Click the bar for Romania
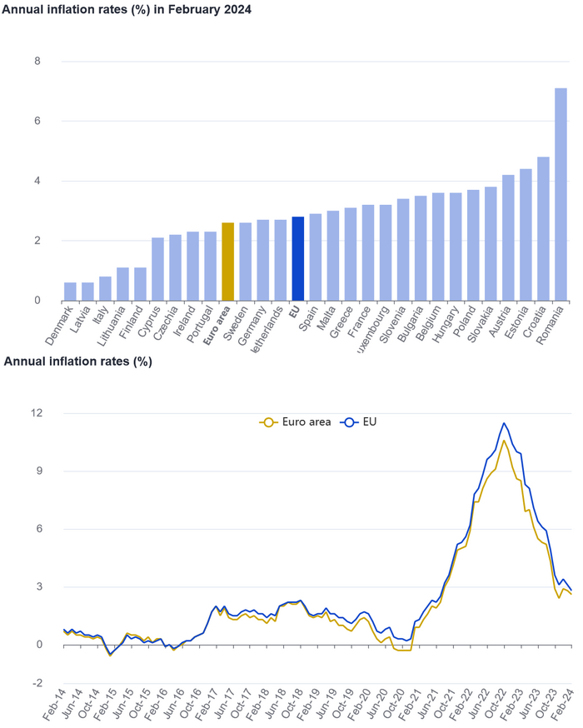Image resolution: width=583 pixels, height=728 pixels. click(x=561, y=194)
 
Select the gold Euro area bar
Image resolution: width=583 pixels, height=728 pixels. click(x=227, y=262)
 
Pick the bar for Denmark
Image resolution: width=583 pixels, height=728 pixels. click(x=70, y=292)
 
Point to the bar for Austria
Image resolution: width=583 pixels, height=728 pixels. click(x=508, y=237)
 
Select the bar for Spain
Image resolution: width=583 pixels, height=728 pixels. click(x=315, y=257)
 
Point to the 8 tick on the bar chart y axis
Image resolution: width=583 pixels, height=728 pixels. click(x=37, y=62)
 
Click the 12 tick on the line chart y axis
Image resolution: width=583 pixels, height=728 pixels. click(x=36, y=413)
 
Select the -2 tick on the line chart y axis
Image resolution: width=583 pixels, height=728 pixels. click(x=36, y=683)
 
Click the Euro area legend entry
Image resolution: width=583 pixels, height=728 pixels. click(x=296, y=422)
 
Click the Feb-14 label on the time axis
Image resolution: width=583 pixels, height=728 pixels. click(x=55, y=706)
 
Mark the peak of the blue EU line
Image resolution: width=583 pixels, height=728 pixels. click(x=504, y=423)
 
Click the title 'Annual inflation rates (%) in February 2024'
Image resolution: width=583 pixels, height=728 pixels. click(x=126, y=9)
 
